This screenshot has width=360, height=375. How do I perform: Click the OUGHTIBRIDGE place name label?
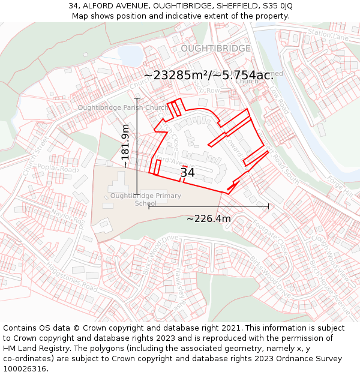[x=215, y=48]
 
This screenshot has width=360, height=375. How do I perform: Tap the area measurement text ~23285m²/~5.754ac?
[x=208, y=75]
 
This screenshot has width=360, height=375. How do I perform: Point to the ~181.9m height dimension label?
[x=125, y=146]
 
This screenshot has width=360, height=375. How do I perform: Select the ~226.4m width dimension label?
[x=208, y=219]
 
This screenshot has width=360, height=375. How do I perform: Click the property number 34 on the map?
[x=187, y=173]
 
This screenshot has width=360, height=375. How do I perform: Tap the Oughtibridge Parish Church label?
[x=123, y=107]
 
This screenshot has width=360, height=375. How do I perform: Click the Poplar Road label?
[x=58, y=168]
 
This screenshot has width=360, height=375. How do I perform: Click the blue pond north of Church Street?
[x=130, y=55]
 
